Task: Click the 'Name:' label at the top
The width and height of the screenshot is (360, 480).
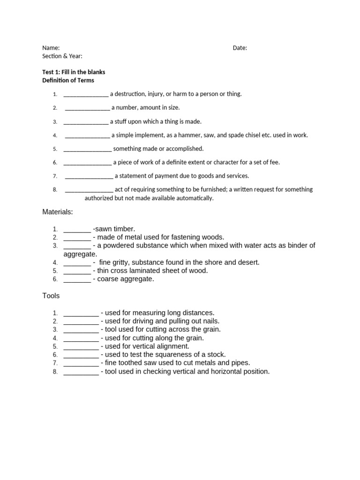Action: (x=51, y=48)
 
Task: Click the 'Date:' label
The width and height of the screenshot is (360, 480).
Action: (x=240, y=48)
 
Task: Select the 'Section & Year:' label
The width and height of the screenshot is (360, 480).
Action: (x=62, y=56)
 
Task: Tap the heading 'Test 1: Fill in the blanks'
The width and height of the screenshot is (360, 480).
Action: (x=74, y=72)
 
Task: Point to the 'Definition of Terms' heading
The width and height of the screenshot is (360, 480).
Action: (x=68, y=80)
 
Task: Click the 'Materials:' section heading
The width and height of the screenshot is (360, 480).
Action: (x=58, y=212)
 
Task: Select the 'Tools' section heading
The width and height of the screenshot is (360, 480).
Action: (x=51, y=296)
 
